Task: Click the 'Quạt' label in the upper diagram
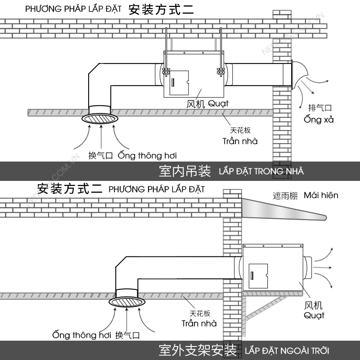coord(218,103)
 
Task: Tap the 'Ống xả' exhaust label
coord(319,120)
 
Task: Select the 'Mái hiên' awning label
coord(321,195)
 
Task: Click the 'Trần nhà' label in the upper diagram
coord(240,141)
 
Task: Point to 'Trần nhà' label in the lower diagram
coord(199,323)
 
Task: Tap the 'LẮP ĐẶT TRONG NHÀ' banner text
coord(261,171)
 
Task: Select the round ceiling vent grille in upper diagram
coord(100,119)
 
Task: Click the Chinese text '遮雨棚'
coord(285,196)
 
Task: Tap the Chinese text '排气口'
coord(319,108)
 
